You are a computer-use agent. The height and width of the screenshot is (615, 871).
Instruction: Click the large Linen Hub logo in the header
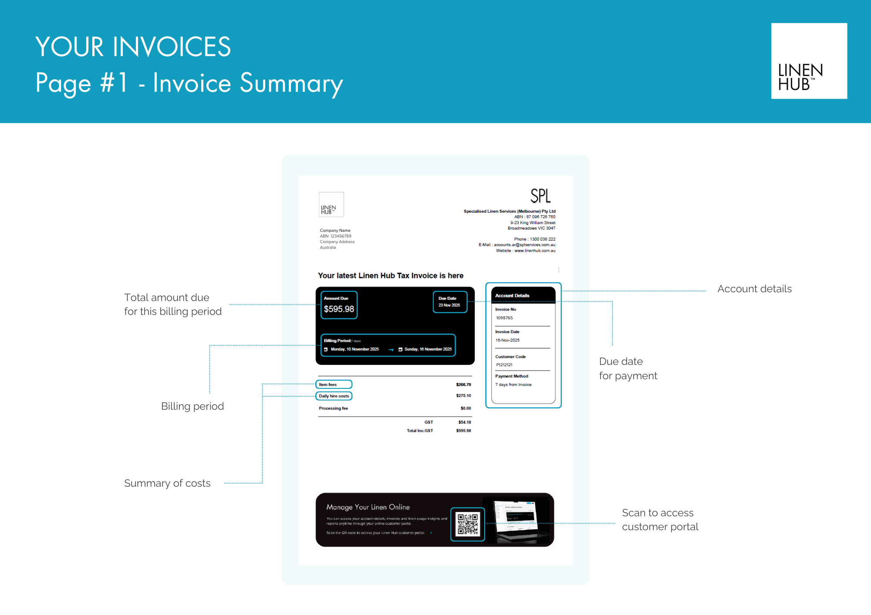809,61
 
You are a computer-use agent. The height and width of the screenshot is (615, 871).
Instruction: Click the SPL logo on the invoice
540,196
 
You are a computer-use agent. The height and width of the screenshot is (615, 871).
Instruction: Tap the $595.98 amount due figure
339,309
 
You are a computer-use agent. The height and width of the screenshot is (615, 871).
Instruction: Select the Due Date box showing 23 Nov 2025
450,302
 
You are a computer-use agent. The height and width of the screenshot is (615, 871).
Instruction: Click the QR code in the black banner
467,524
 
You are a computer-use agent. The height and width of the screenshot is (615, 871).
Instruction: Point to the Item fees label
328,384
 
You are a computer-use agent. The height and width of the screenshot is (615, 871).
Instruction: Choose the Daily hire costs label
334,396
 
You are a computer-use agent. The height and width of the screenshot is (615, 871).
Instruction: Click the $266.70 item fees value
463,384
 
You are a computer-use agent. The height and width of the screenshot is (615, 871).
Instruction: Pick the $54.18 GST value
464,422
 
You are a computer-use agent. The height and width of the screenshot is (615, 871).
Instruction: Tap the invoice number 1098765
504,318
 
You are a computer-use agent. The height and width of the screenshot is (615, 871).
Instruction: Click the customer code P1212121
504,365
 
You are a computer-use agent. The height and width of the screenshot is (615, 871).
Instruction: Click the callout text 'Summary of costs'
167,483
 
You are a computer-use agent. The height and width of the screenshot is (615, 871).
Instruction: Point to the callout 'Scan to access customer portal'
660,520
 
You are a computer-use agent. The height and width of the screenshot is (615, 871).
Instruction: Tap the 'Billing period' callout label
192,406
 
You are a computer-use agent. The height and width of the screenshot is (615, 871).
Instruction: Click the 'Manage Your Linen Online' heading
368,507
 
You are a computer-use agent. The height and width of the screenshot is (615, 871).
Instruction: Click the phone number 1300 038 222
542,239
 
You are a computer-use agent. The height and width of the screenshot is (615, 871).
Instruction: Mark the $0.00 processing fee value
466,408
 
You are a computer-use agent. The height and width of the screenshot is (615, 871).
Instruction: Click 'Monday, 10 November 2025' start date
354,349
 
